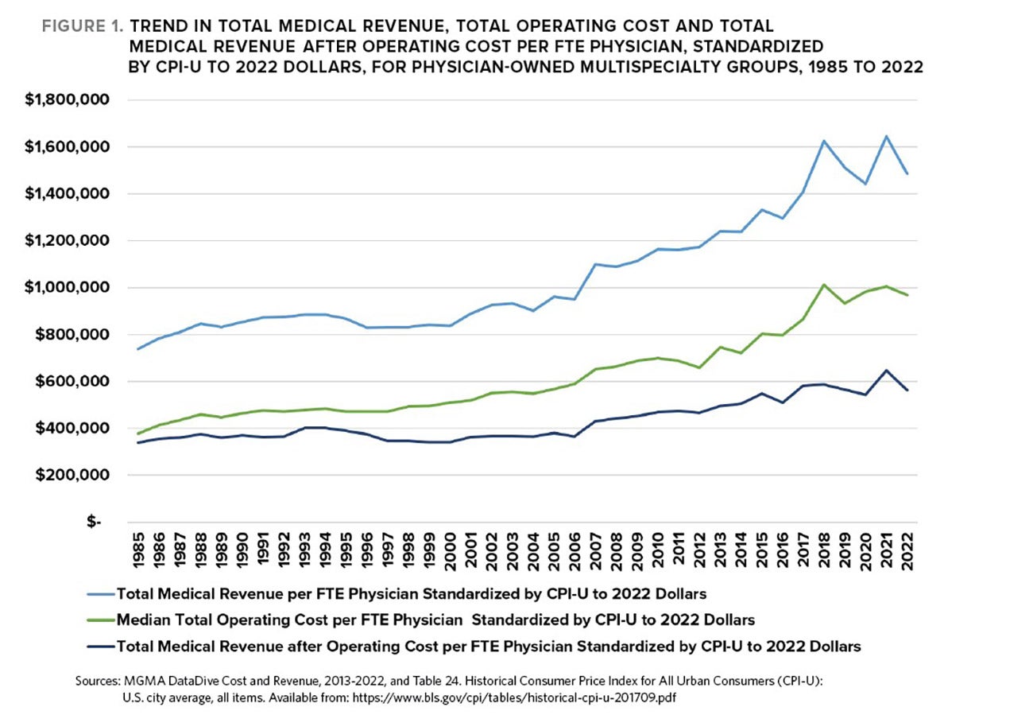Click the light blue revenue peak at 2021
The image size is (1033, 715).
(886, 136)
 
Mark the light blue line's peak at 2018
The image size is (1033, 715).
(824, 141)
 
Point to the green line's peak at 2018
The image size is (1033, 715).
(824, 285)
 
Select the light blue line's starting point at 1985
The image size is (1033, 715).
(138, 349)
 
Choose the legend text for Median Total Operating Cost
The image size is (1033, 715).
(435, 620)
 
